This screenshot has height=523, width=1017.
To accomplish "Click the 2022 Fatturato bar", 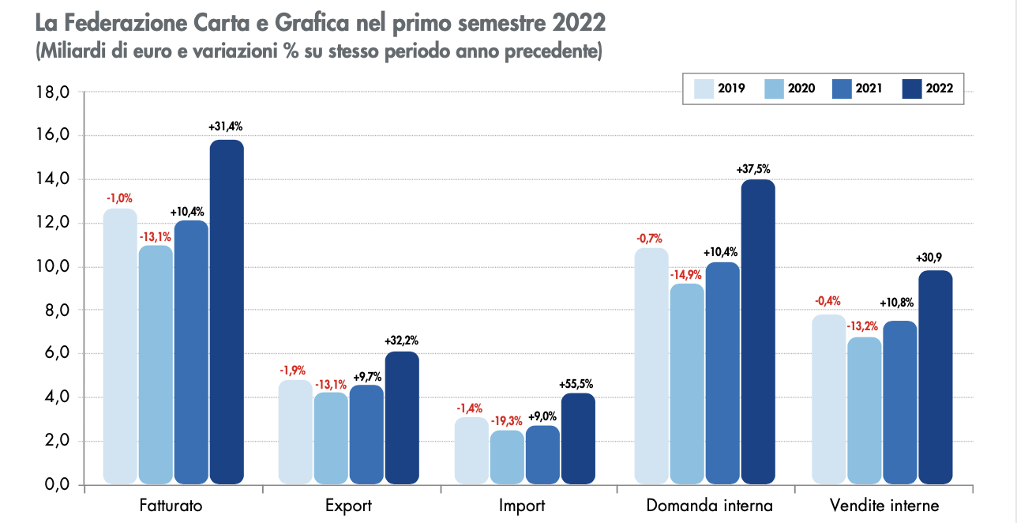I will (x=227, y=312).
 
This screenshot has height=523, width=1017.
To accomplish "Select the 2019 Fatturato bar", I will (x=120, y=346).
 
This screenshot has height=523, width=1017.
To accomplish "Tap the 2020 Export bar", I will (x=331, y=438).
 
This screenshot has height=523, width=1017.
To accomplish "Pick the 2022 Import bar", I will (x=578, y=438).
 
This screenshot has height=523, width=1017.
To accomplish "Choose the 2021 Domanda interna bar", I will (x=722, y=373).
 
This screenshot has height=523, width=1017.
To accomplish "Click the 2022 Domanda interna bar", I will (x=758, y=332).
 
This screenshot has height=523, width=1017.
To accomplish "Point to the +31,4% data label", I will (x=226, y=126).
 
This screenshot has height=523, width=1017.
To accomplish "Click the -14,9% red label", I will (x=685, y=276).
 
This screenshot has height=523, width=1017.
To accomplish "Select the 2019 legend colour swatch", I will (x=704, y=88).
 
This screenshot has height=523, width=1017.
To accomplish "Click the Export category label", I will (x=348, y=506).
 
